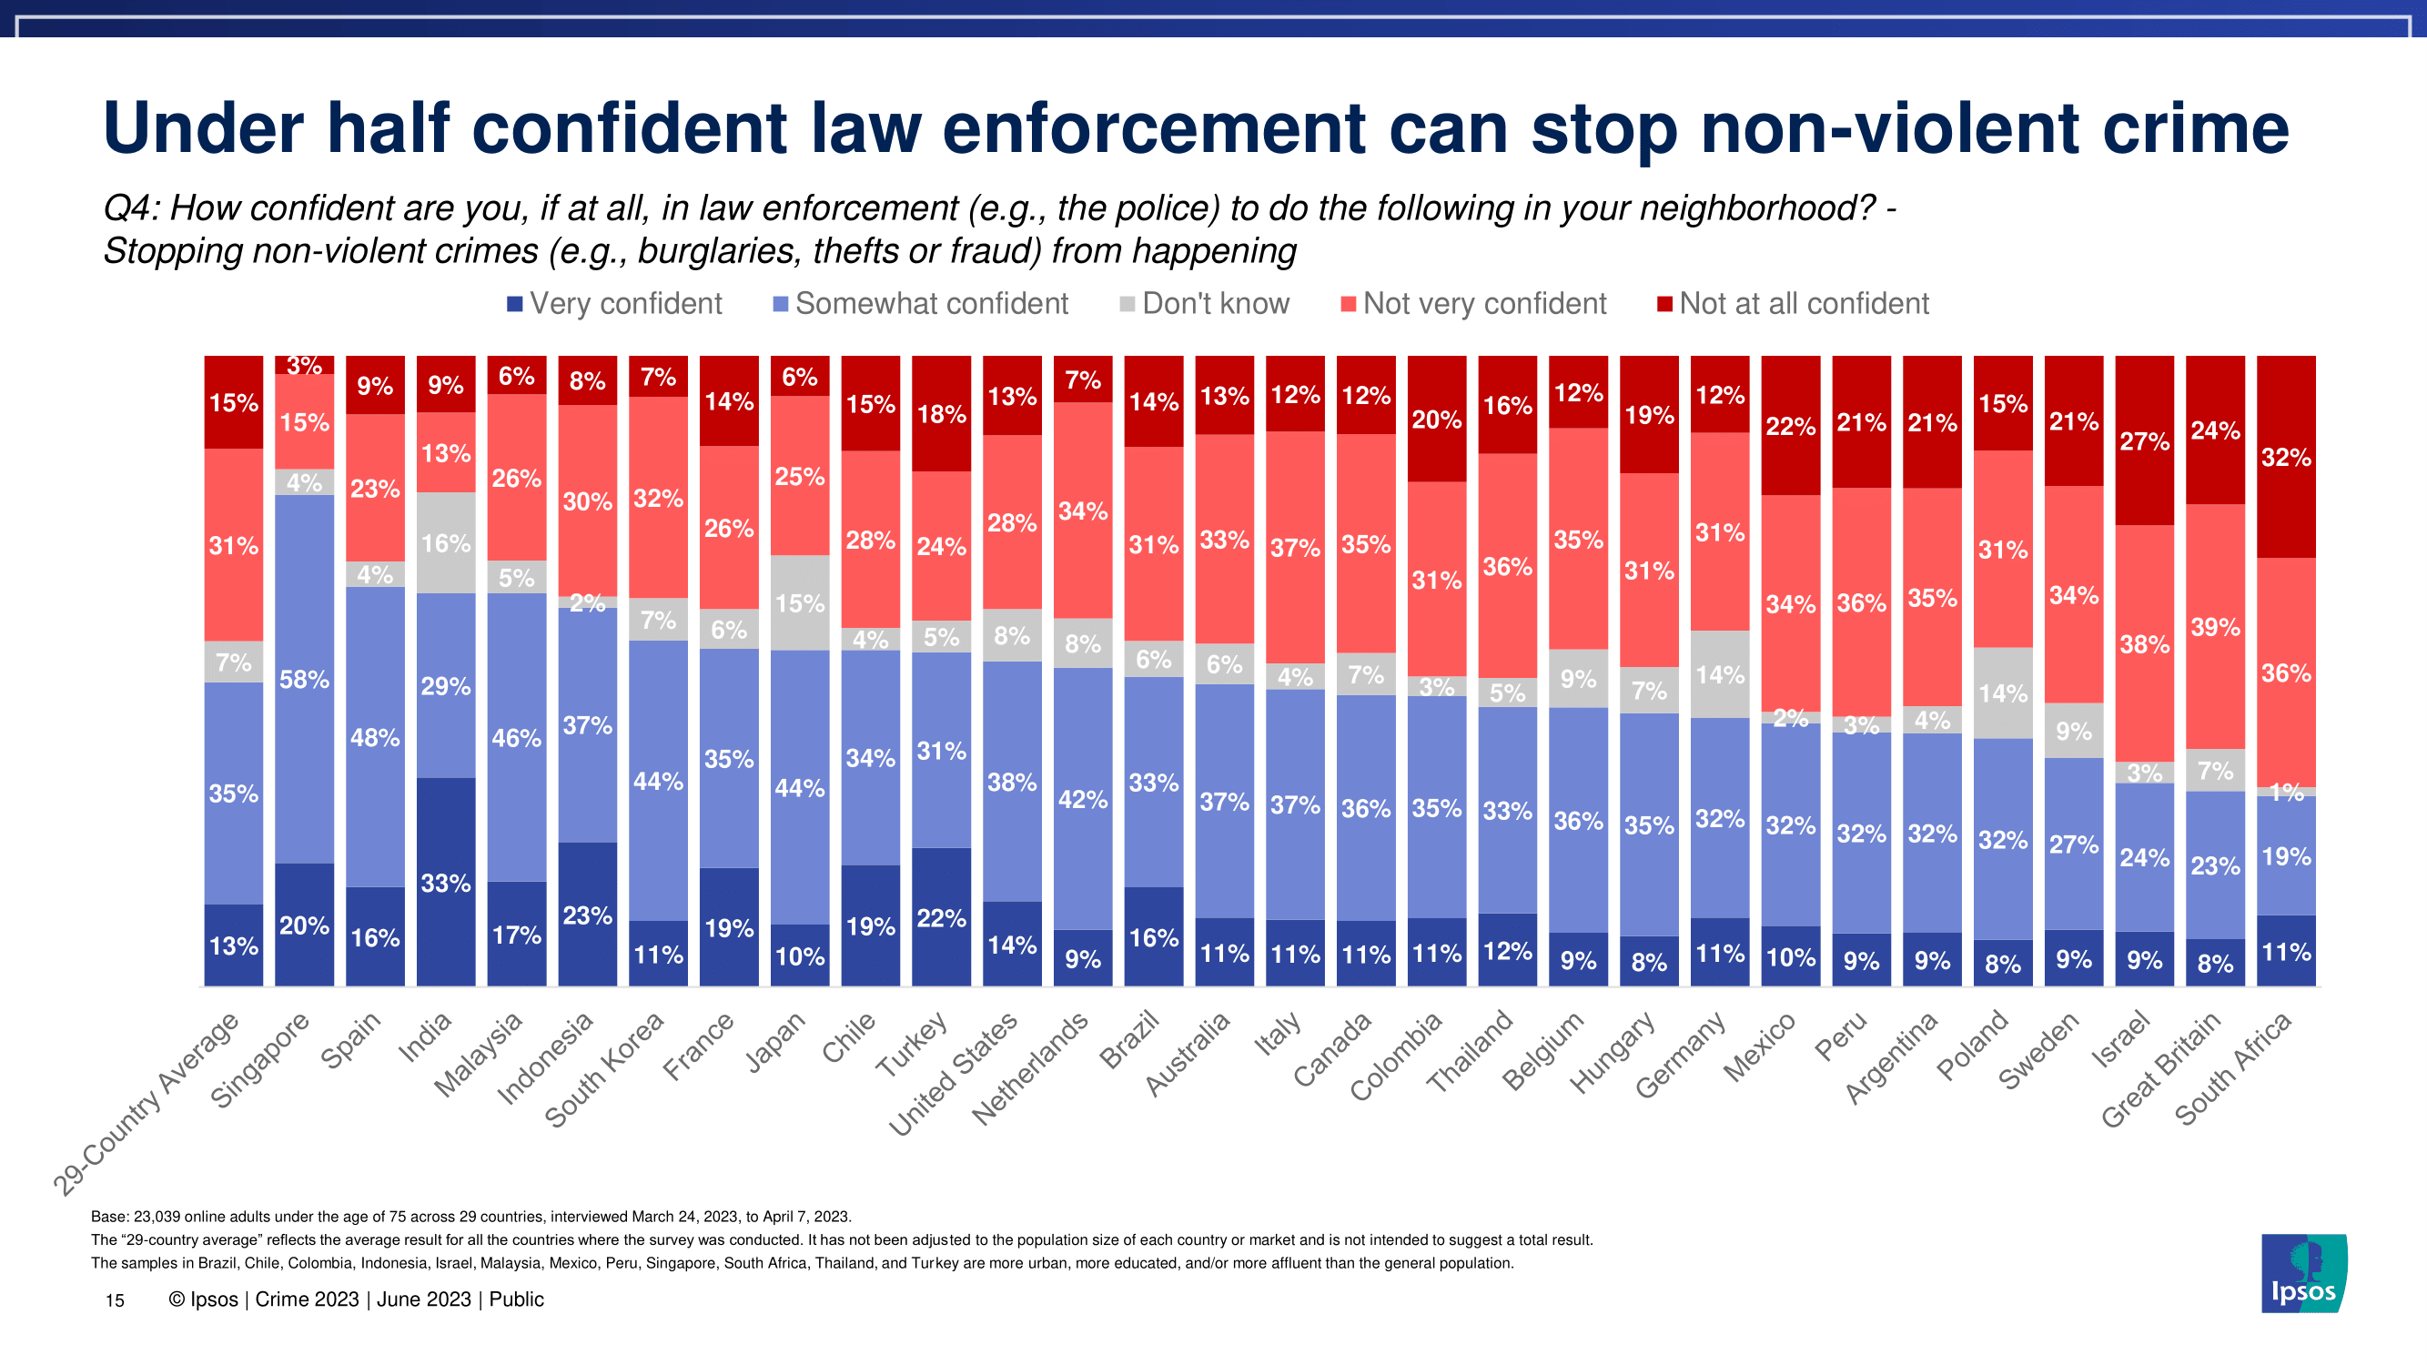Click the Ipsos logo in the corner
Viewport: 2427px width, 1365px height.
[2302, 1273]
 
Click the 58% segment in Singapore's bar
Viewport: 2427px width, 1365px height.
[304, 678]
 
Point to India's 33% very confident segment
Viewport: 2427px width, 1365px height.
[446, 882]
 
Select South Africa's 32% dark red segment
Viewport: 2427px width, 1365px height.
[2286, 457]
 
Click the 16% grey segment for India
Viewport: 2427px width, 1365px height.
[446, 542]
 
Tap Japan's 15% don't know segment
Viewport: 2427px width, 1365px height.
[800, 603]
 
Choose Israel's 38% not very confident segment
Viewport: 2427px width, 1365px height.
[2144, 643]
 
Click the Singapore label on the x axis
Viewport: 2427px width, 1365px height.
[260, 1060]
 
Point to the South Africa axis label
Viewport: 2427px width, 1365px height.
[2233, 1069]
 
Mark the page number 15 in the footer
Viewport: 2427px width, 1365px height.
[115, 1301]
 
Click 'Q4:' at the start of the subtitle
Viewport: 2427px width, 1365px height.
[131, 208]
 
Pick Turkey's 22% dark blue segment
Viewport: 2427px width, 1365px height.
[941, 917]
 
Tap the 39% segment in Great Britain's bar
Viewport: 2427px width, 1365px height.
[2215, 626]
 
